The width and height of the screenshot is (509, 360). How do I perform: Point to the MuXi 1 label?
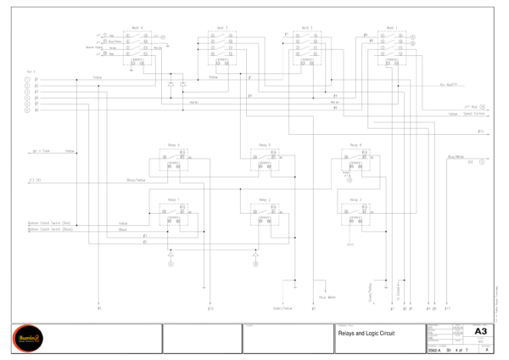coord(391,27)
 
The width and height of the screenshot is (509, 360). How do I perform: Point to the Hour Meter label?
coord(327,297)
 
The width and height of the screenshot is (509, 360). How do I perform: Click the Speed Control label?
coord(473,112)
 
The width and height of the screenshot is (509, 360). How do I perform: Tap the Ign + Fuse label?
coord(41,150)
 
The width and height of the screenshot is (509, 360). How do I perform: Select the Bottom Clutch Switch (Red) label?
coord(50,223)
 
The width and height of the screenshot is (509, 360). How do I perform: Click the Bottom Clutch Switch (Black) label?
coord(51,229)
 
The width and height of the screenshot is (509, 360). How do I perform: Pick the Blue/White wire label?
coord(456,156)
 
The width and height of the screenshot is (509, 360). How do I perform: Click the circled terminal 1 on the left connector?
coord(26,79)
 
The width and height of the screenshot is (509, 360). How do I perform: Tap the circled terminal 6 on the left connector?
coord(26,110)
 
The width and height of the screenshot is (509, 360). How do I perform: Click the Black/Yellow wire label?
coord(136,180)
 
